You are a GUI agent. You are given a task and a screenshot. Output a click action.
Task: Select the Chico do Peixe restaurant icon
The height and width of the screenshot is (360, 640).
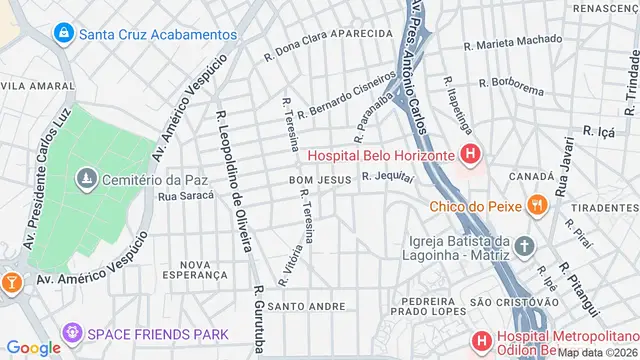tap(538, 207)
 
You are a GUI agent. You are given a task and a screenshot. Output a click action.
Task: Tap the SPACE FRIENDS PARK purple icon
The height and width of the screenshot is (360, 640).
tap(72, 331)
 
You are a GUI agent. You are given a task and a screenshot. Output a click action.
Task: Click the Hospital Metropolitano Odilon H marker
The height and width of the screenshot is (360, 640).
tap(482, 341)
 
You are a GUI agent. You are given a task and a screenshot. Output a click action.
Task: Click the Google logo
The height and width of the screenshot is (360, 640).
tap(33, 347)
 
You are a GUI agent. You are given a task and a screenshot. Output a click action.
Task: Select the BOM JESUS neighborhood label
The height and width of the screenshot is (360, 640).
tap(315, 179)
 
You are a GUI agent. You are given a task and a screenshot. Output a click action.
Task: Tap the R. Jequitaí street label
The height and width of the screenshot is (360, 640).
tap(387, 175)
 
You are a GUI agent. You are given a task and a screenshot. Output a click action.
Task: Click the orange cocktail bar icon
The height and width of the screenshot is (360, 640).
tap(11, 283)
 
